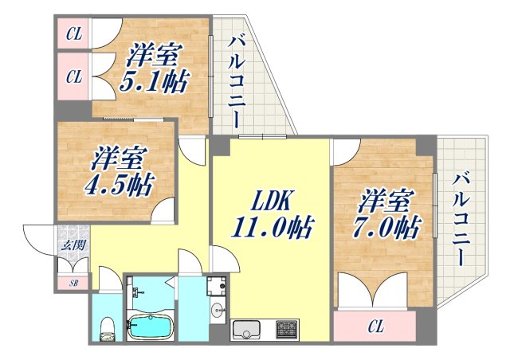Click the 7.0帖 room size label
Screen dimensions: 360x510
coord(388,228)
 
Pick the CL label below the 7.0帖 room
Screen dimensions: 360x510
coord(375,326)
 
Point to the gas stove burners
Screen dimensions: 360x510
coord(284,329)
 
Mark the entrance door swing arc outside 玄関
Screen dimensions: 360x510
coord(38,239)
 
